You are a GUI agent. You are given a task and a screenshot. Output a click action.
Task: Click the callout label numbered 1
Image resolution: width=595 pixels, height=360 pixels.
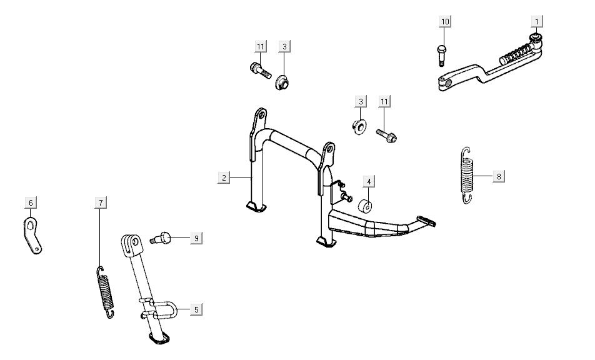(x=536, y=21)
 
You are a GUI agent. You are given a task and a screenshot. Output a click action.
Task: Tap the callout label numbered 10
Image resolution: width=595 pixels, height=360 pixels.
(x=444, y=21)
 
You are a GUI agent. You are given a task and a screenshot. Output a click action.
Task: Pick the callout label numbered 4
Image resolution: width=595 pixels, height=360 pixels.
(x=369, y=181)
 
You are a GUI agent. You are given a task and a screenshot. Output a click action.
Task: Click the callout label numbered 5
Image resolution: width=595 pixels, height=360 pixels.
(x=196, y=309)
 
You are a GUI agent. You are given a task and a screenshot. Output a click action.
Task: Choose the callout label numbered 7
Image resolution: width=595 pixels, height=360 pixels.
(x=100, y=202)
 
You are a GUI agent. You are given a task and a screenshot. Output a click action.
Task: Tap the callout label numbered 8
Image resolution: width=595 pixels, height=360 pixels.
(x=498, y=176)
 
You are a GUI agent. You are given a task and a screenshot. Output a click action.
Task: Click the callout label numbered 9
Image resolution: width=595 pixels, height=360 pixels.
(x=196, y=238)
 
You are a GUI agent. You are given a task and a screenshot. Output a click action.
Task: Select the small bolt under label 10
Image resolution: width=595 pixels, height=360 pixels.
(x=441, y=56)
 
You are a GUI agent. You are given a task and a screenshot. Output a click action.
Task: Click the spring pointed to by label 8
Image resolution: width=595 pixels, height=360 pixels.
(x=467, y=174)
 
